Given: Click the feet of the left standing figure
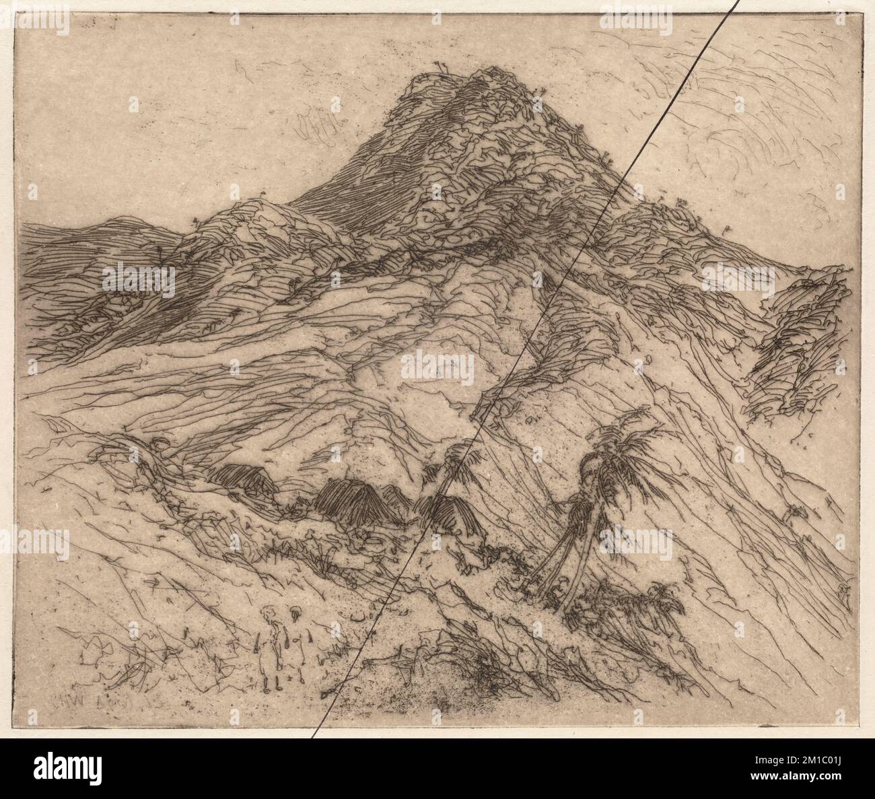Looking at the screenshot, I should point(271,687).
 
